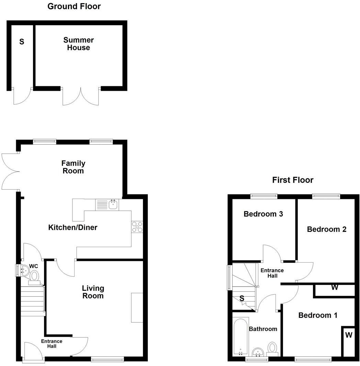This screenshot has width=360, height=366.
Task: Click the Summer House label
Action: point(78,44)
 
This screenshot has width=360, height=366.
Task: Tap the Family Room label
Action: point(73,167)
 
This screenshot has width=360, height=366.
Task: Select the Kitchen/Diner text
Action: point(73,227)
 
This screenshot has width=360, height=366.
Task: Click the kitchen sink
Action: point(113,205)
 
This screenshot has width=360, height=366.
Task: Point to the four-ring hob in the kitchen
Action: point(137,228)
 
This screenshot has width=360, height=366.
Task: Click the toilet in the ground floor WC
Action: point(34,276)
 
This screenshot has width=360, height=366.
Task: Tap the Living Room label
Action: point(93,292)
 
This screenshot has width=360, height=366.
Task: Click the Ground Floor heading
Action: point(74,6)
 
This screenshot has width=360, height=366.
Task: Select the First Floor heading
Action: point(293,180)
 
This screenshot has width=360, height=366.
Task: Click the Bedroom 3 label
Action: point(263,214)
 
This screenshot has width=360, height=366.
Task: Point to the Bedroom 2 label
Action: point(326,229)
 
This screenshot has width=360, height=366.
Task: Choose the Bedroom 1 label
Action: point(318,315)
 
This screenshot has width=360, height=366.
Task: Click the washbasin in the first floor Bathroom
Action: point(258,352)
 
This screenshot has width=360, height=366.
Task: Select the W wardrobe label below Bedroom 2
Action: point(335,287)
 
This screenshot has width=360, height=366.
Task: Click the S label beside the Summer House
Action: point(22,42)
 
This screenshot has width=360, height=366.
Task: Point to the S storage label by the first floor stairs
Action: point(242,299)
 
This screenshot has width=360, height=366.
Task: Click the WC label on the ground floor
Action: point(33,266)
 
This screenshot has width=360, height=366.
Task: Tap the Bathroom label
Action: point(263,329)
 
